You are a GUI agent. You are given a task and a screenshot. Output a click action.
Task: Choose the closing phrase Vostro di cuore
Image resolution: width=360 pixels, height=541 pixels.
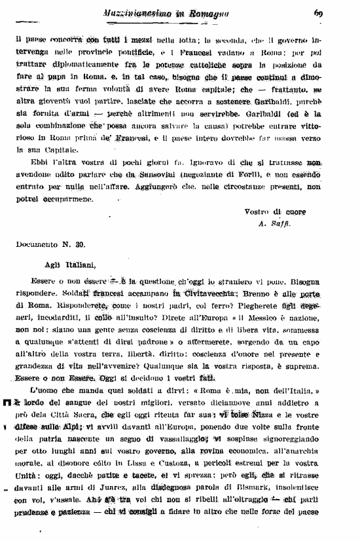click(275, 212)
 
